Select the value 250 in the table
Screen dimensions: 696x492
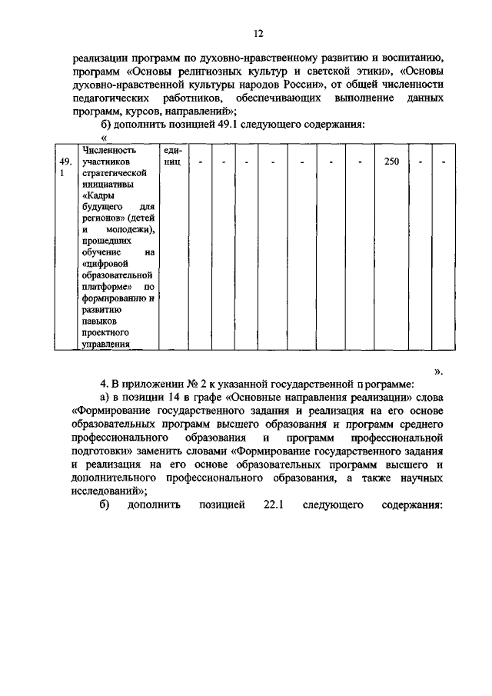pos(391,162)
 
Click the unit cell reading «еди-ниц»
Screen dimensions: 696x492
pos(172,157)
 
